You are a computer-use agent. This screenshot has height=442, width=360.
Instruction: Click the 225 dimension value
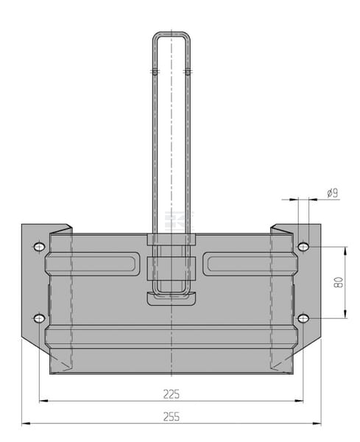(x=172, y=394)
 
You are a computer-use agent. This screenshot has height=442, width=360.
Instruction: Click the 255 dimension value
(x=172, y=417)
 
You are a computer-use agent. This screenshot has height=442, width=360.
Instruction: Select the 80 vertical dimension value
(x=339, y=282)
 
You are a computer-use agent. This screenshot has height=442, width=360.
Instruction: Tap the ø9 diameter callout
(x=333, y=193)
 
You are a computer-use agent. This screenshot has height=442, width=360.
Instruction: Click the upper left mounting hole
(x=40, y=247)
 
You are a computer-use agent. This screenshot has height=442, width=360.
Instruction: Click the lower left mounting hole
(x=40, y=318)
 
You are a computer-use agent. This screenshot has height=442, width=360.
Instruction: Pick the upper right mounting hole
(x=303, y=247)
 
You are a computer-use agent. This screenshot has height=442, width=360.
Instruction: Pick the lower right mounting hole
(x=303, y=318)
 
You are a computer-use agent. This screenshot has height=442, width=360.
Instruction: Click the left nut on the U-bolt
(x=155, y=71)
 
